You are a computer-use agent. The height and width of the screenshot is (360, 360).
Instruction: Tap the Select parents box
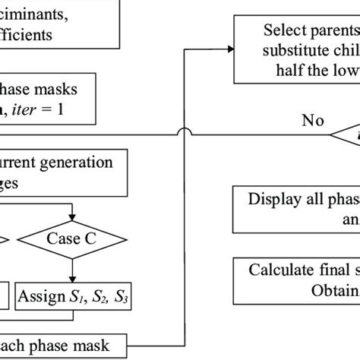(x=296, y=52)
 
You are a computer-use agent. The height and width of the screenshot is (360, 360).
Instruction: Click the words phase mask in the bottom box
(x=72, y=346)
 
